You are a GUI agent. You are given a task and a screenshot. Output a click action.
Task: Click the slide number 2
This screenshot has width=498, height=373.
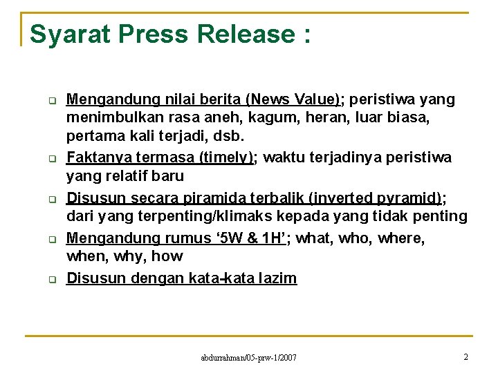(465, 356)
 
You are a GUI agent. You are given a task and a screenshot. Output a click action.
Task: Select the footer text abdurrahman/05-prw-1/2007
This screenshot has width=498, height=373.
(248, 357)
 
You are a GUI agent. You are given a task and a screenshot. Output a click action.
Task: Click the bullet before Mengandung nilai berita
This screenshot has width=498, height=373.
(51, 101)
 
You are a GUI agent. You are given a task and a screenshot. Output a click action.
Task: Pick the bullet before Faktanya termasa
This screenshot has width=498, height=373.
(51, 159)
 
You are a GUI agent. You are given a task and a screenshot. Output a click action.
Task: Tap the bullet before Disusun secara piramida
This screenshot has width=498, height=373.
(51, 200)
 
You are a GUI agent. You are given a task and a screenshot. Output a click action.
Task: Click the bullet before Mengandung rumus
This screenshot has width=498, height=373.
(51, 240)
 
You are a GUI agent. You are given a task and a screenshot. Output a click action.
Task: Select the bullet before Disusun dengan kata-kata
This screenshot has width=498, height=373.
(51, 280)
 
